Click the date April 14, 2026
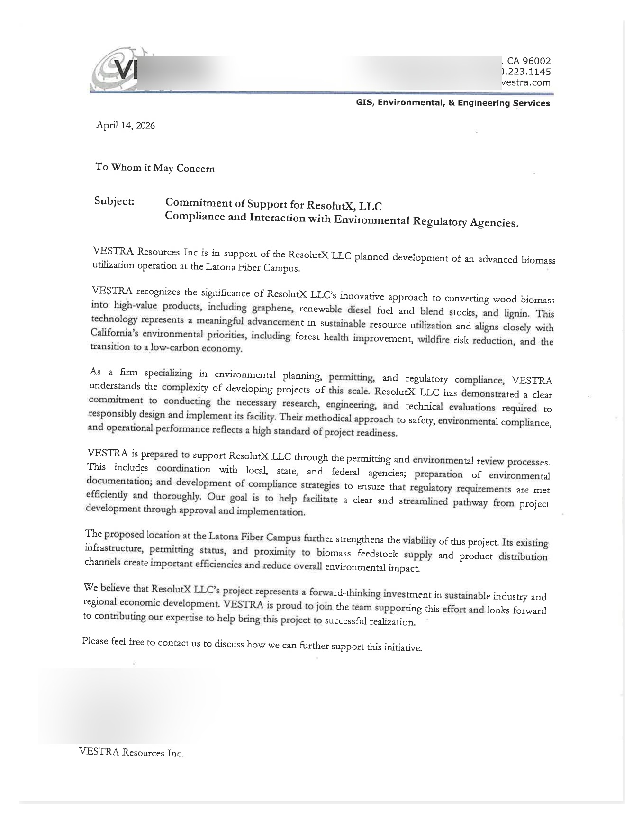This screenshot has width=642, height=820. click(x=126, y=126)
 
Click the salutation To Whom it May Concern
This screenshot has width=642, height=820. click(x=155, y=167)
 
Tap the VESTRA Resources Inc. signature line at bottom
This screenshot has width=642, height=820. click(x=131, y=752)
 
